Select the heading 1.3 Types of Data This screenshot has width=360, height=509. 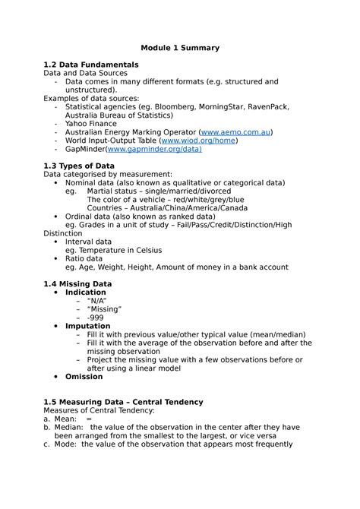pyautogui.click(x=80, y=166)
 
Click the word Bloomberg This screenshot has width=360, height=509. pyautogui.click(x=173, y=106)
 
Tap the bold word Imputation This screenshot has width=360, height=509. pyautogui.click(x=88, y=326)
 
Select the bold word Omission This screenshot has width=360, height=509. pyautogui.click(x=84, y=376)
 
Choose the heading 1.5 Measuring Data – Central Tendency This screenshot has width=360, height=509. pyautogui.click(x=123, y=401)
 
